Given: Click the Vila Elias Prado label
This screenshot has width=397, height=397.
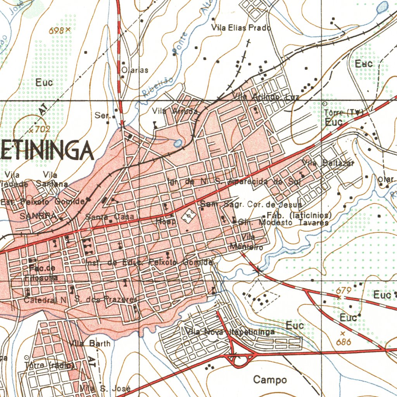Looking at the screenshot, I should (241, 28).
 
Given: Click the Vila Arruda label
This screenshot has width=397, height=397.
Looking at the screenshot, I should (175, 111).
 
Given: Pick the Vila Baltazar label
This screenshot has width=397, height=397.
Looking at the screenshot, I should (328, 163).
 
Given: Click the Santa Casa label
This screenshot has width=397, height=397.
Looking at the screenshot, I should (110, 217).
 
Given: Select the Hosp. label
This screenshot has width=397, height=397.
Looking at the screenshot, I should (166, 222).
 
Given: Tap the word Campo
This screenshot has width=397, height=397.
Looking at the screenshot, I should (270, 380).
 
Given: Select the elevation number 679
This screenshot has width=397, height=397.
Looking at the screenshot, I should (343, 291).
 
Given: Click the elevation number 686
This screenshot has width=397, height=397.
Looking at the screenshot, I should (343, 342).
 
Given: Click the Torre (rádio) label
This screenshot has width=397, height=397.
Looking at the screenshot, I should (49, 365).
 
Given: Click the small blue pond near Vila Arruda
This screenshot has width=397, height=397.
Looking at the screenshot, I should (178, 143).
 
